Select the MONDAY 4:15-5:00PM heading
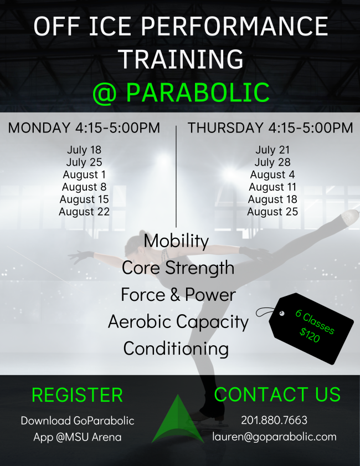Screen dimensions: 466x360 (x=84, y=128)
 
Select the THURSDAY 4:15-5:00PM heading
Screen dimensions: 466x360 (x=270, y=128)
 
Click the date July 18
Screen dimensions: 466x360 (x=84, y=150)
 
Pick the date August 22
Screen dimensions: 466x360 (x=84, y=212)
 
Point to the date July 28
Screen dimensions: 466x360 (x=272, y=162)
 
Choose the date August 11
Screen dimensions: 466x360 (x=272, y=187)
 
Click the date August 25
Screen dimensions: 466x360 (x=272, y=212)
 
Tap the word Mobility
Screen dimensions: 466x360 (x=176, y=242)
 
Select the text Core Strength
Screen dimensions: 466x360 (x=178, y=268)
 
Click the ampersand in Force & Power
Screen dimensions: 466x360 (x=176, y=295)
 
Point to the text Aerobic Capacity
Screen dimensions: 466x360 (x=178, y=321)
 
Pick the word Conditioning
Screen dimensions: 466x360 (x=176, y=349)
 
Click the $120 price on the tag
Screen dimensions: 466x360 (x=310, y=336)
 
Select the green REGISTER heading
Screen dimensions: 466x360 (x=78, y=395)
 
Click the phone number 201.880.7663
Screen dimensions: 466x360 (x=274, y=421)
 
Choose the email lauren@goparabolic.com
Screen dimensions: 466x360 (x=274, y=437)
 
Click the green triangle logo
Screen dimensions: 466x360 (x=177, y=421)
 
